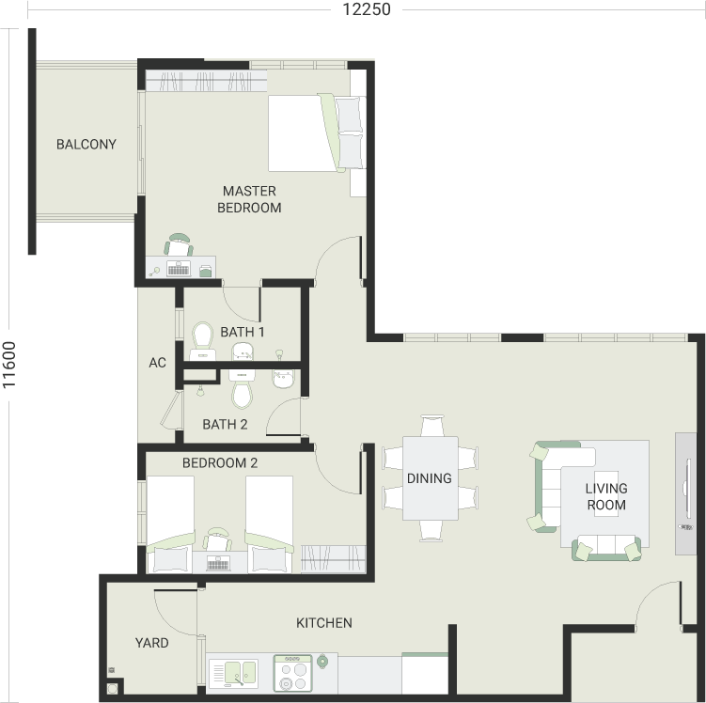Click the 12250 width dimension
tap(367, 9)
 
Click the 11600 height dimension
tap(9, 365)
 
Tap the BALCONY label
tap(86, 144)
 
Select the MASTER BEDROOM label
tap(249, 199)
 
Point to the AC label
tap(157, 362)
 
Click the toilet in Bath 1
tap(203, 341)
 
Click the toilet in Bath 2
tap(242, 388)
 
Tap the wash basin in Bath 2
tap(284, 379)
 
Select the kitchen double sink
tap(240, 673)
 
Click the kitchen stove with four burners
tap(292, 673)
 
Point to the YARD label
tap(151, 643)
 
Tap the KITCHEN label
tap(324, 623)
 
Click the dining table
tap(431, 478)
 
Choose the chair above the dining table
tap(432, 426)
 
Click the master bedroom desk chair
tap(180, 245)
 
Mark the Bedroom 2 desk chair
tap(217, 539)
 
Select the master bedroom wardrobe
tap(206, 81)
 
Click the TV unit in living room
tap(685, 493)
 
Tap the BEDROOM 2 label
tap(220, 463)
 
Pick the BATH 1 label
tap(243, 332)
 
